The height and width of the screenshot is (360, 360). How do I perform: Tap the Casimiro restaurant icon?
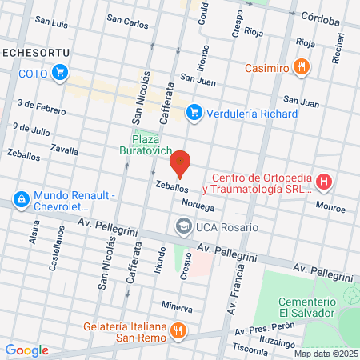(x=302, y=67)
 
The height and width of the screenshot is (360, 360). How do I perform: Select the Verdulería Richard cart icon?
(x=194, y=114)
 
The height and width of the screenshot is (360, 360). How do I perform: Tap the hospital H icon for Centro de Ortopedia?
(x=324, y=182)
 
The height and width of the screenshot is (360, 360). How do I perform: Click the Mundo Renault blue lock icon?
(x=20, y=199)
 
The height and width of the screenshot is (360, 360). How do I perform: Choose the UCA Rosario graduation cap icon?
(x=183, y=227)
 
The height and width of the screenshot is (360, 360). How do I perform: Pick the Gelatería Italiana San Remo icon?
(x=181, y=329)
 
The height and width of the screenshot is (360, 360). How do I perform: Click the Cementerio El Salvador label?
(x=306, y=306)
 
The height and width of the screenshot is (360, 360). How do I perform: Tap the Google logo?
(x=26, y=350)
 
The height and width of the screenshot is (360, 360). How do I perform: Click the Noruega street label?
(x=198, y=204)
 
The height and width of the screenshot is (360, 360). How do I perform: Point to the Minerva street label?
(x=177, y=306)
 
